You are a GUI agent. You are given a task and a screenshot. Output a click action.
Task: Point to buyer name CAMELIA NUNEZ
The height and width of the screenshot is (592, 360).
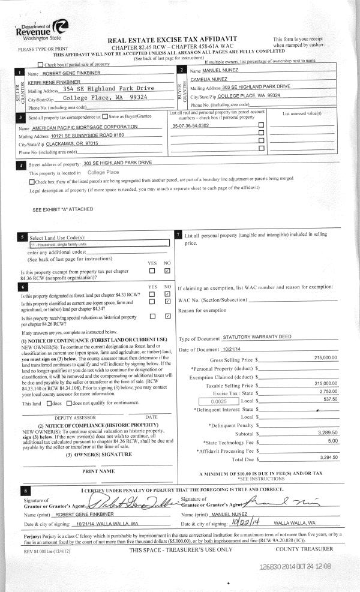210,79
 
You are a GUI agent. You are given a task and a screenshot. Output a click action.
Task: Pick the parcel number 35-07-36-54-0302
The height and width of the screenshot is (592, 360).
191,126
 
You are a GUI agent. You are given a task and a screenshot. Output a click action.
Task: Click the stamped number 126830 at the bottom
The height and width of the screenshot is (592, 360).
274,566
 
